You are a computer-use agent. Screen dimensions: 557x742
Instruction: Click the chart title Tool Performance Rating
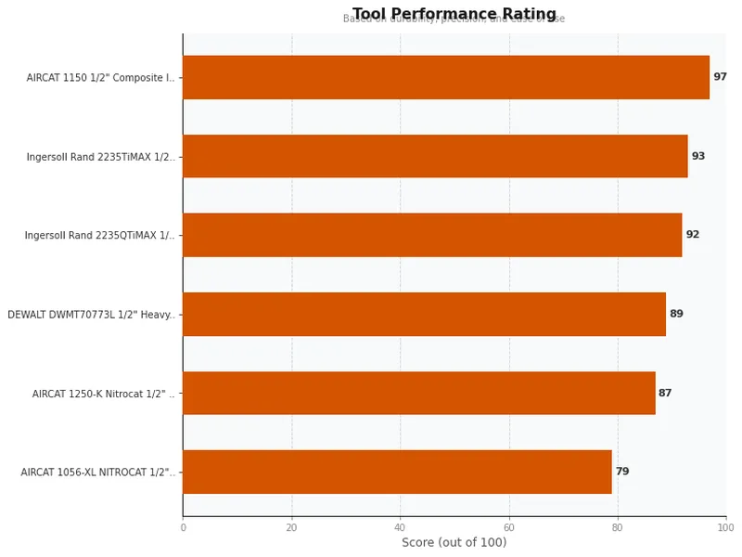click(454, 14)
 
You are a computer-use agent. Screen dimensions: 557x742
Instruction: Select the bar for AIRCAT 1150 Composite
click(445, 77)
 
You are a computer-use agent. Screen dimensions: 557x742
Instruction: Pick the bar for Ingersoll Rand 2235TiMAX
click(435, 156)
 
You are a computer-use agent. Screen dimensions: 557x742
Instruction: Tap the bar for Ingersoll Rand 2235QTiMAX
click(432, 235)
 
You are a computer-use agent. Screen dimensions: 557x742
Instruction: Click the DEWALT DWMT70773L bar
click(424, 314)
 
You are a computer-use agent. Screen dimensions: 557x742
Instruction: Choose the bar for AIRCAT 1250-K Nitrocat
click(418, 393)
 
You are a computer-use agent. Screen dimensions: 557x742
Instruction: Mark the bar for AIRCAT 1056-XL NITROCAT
click(397, 472)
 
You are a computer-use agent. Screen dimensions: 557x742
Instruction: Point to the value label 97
click(720, 77)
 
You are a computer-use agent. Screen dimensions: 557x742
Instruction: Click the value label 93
click(698, 156)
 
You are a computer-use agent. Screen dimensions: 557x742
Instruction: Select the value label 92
click(693, 235)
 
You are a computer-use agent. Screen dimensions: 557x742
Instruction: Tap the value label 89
click(676, 314)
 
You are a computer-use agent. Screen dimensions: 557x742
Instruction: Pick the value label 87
click(665, 393)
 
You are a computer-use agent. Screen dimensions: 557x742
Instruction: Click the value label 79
click(622, 472)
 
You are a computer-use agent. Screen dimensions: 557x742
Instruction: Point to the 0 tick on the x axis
click(183, 527)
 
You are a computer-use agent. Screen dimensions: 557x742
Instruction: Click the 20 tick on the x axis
click(291, 527)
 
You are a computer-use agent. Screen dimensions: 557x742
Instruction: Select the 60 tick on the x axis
click(508, 527)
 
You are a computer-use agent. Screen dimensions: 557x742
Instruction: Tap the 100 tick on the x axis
click(725, 527)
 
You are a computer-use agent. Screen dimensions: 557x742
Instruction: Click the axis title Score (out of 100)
click(454, 543)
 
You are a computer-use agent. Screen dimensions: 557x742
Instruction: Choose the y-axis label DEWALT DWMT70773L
click(91, 315)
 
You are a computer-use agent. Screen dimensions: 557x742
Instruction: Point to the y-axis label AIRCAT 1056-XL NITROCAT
click(97, 473)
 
